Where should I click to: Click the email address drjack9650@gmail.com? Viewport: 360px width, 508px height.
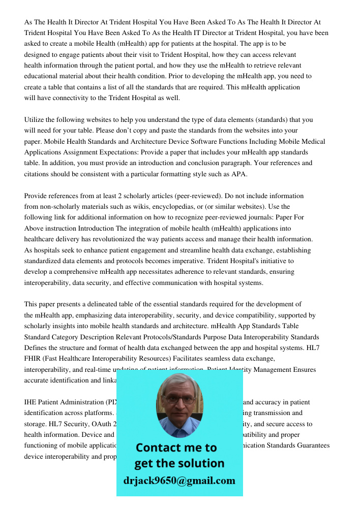point(179,481)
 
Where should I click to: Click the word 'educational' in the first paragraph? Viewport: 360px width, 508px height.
point(44,76)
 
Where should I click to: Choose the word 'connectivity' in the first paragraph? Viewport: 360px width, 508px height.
point(61,98)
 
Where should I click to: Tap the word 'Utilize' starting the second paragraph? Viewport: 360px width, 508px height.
point(36,120)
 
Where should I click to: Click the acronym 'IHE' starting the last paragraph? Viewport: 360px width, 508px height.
point(31,402)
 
